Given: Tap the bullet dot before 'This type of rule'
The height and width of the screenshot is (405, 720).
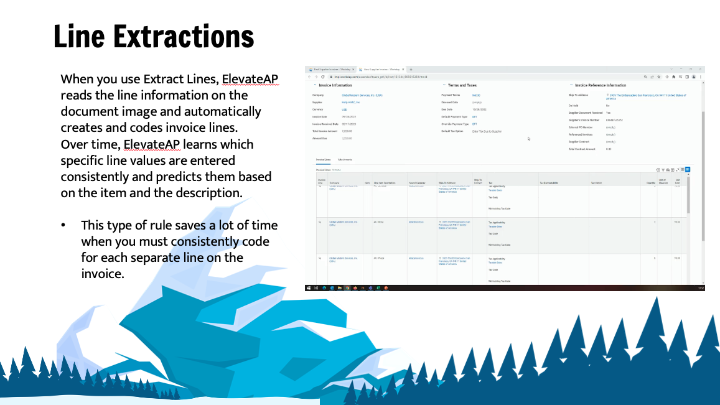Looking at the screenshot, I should [63, 225].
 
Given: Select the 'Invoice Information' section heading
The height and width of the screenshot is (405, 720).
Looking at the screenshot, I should [335, 85].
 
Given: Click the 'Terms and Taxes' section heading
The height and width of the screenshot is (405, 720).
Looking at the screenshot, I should [462, 85].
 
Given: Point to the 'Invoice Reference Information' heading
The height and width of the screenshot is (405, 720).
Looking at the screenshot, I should [601, 85].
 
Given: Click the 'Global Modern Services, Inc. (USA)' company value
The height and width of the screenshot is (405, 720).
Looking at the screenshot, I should [362, 95].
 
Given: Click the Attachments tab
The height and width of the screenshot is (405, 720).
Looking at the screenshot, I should [345, 160].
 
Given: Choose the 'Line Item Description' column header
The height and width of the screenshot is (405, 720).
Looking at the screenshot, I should [384, 183].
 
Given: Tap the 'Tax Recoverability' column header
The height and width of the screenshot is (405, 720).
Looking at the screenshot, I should [549, 183].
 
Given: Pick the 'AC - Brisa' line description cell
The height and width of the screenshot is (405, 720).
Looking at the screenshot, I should [379, 221].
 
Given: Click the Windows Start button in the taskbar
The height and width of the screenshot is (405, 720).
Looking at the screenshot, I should [308, 288].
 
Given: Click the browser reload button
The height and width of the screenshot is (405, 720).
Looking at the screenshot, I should [322, 77].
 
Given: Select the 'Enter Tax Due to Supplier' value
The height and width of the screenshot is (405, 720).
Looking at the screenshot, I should [487, 131].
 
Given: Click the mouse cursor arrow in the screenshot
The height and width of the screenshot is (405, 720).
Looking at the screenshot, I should [528, 139].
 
